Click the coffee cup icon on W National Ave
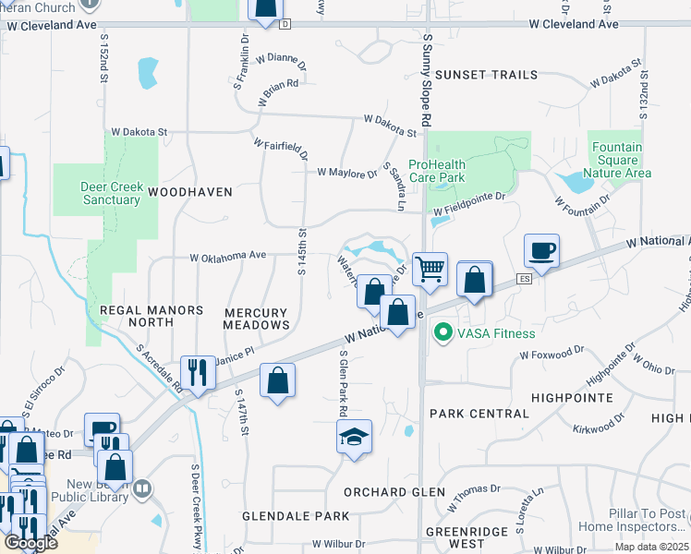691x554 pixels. pyautogui.click(x=541, y=251)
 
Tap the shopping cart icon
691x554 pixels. pyautogui.click(x=430, y=270)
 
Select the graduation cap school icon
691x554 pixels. pyautogui.click(x=354, y=437)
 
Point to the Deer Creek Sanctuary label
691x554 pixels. pyautogui.click(x=112, y=193)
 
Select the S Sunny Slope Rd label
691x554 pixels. pyautogui.click(x=427, y=81)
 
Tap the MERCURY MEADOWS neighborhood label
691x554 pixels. pyautogui.click(x=257, y=319)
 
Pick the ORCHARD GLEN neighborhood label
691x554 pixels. pyautogui.click(x=382, y=491)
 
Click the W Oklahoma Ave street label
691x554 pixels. pyautogui.click(x=227, y=256)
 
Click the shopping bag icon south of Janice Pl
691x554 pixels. pyautogui.click(x=277, y=380)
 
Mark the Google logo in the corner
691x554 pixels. pyautogui.click(x=30, y=543)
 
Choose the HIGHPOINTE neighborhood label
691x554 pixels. pyautogui.click(x=572, y=397)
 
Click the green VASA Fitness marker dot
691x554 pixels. pyautogui.click(x=442, y=332)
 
